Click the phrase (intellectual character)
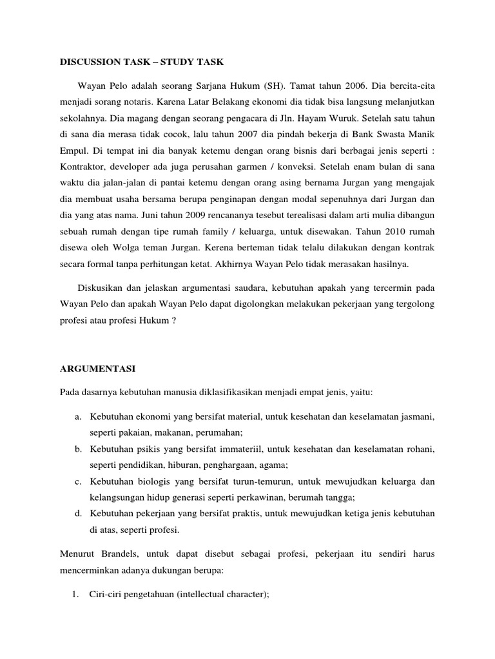click(x=219, y=595)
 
